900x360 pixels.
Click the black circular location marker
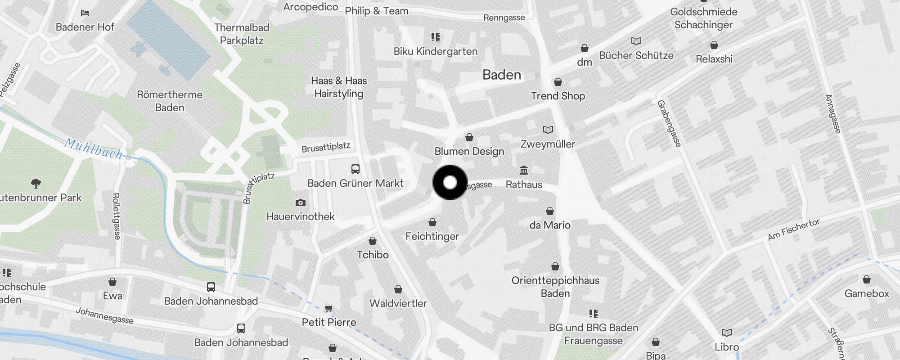[450, 182]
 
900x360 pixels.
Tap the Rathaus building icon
[524, 171]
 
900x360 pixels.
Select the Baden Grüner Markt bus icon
[355, 169]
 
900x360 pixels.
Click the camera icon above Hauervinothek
[301, 203]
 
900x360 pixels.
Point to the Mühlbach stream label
[93, 149]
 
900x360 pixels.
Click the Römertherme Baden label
[170, 101]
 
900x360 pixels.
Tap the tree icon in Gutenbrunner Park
[36, 183]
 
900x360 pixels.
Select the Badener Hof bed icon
[85, 13]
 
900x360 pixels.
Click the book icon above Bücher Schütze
[636, 41]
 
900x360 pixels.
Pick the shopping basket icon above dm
[584, 48]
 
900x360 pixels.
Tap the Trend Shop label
[558, 96]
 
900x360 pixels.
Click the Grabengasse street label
[669, 123]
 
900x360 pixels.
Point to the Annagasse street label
[832, 113]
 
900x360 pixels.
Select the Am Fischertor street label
[793, 229]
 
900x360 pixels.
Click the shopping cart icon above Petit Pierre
[329, 308]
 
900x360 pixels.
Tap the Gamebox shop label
[867, 293]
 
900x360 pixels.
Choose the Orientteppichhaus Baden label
[555, 287]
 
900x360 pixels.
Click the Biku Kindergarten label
[436, 51]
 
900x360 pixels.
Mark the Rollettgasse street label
[116, 216]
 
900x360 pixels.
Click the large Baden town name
[502, 75]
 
